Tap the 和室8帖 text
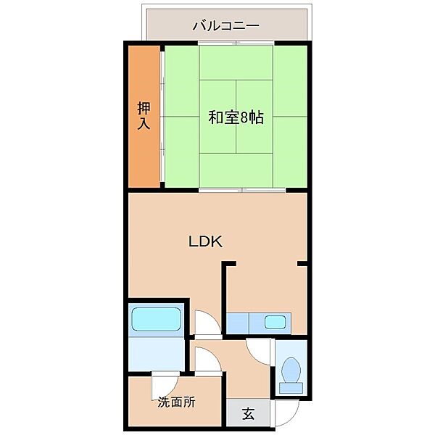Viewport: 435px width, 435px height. point(236,117)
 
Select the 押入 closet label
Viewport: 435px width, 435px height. point(144,116)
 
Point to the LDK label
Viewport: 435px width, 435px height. point(204,242)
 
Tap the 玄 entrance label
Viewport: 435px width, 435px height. point(248,415)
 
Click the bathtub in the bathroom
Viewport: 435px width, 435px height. point(156,318)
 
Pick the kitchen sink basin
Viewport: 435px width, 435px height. point(274,323)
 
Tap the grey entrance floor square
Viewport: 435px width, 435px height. point(248,414)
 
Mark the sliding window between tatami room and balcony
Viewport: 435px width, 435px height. point(236,43)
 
